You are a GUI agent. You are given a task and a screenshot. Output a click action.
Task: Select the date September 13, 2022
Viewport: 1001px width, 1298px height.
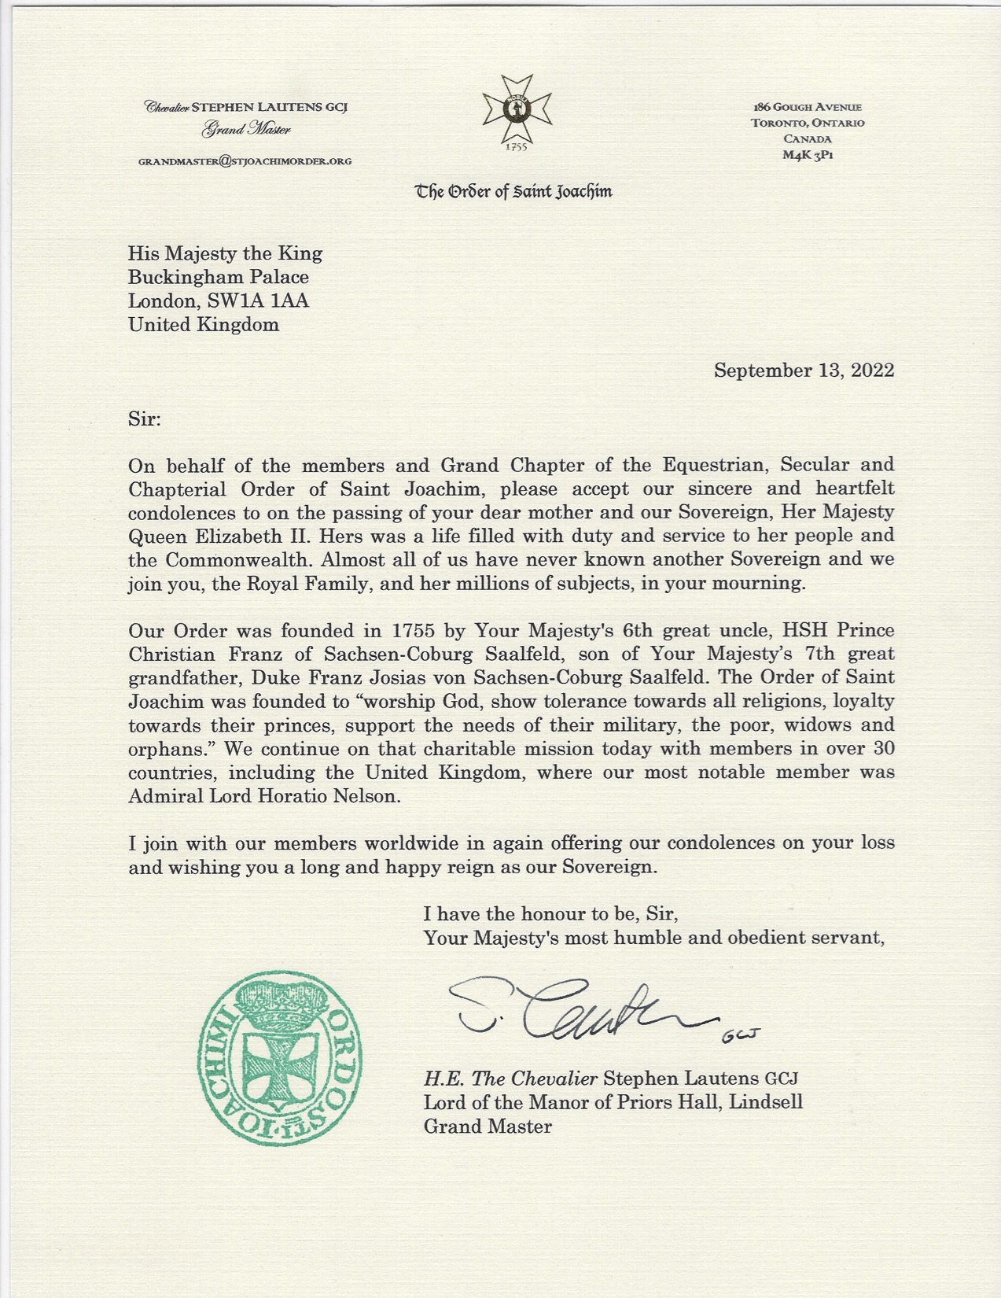[804, 371]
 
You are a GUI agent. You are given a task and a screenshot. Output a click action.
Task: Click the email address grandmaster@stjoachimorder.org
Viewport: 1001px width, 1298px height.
[245, 161]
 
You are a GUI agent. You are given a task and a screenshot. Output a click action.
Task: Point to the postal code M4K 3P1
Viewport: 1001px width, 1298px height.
[807, 155]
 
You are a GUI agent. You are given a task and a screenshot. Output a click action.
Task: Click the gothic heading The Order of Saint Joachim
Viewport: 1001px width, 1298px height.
[514, 191]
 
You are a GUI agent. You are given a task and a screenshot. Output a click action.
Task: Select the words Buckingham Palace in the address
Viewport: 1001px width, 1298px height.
[219, 277]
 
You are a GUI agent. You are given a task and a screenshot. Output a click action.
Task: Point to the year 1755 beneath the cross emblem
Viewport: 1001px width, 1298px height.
[516, 146]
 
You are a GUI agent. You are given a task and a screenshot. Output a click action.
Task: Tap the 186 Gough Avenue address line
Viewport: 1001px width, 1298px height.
[807, 107]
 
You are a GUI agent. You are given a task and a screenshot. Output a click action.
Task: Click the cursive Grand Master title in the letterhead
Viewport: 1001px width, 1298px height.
[246, 129]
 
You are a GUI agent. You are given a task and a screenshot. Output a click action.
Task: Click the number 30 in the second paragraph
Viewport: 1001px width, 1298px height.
[881, 749]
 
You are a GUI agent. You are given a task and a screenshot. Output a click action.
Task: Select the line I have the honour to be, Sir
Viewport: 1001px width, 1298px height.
[550, 914]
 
